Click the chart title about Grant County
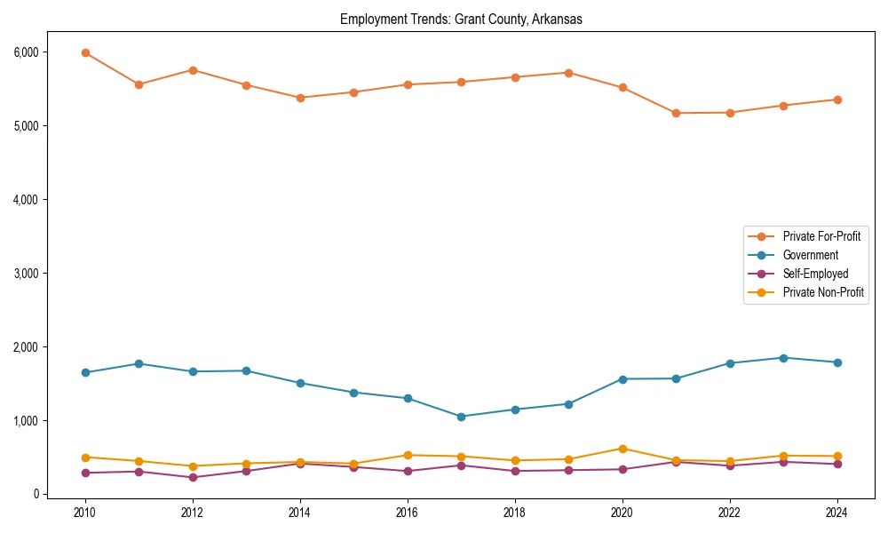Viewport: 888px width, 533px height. (x=461, y=20)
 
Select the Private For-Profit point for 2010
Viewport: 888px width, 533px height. (x=85, y=53)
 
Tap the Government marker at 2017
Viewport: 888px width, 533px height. (x=461, y=417)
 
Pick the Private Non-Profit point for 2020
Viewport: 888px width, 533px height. (x=622, y=449)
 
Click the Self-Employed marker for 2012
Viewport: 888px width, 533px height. (x=193, y=477)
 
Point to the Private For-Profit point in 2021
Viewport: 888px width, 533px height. (x=676, y=113)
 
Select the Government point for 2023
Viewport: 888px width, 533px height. (x=783, y=358)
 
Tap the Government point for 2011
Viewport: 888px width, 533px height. (x=139, y=363)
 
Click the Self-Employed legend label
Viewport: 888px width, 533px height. (x=815, y=274)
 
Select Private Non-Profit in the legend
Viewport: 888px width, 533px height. (x=823, y=292)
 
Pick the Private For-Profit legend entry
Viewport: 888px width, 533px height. (x=821, y=236)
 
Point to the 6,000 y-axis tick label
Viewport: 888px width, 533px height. (x=26, y=52)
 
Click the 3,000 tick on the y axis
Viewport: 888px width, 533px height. (x=26, y=274)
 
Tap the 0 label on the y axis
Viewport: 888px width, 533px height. (x=35, y=494)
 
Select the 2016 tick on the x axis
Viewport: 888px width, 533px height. (x=408, y=513)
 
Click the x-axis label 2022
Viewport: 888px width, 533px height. (x=730, y=513)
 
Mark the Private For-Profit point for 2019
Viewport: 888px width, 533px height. (x=568, y=73)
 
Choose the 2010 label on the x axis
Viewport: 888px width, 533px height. (x=85, y=513)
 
